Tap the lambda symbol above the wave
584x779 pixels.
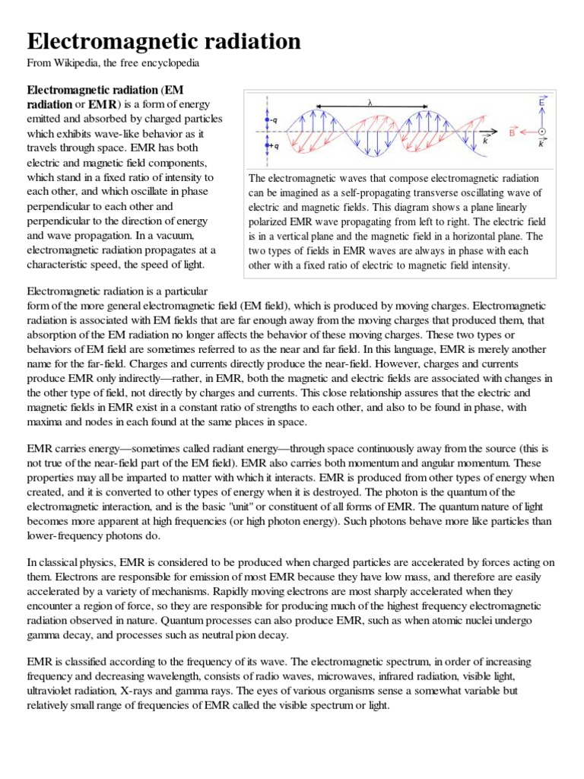pos(369,102)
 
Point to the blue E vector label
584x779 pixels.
pos(541,100)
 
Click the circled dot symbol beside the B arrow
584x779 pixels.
pos(541,132)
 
